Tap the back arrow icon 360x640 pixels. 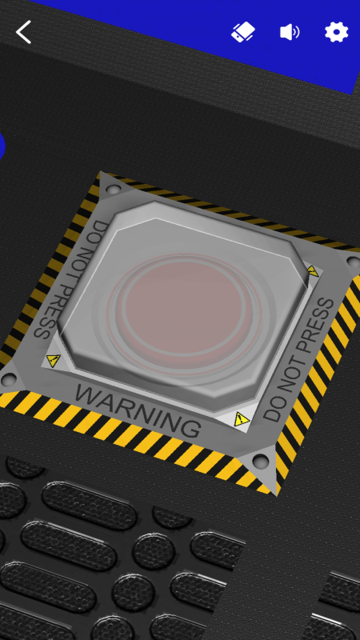coord(23,32)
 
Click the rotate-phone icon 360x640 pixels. coord(243,32)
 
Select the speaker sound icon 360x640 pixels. coord(290,32)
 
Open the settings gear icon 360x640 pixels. coord(336,32)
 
